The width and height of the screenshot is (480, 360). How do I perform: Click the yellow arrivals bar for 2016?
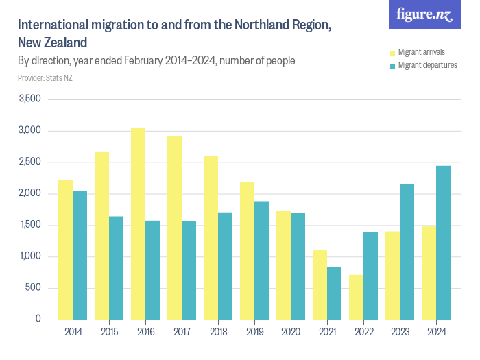[138, 224]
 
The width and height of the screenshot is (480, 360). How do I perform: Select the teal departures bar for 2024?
[444, 243]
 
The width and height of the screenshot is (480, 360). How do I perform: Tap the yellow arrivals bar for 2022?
[356, 297]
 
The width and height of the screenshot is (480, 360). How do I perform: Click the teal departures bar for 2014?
[80, 255]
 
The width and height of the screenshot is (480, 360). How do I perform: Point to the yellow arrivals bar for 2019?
[247, 250]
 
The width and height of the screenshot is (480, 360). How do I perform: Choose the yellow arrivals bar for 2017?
[174, 228]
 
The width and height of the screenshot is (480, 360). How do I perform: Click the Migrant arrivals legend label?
[422, 52]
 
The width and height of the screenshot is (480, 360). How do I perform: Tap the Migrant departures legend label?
[427, 65]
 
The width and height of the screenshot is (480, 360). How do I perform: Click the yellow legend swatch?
[393, 52]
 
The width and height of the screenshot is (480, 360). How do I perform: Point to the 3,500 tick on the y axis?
[30, 99]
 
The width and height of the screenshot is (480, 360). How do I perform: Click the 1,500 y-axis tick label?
[30, 225]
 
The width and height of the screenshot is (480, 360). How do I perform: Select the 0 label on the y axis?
[38, 320]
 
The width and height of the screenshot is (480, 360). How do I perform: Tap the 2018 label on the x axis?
[218, 333]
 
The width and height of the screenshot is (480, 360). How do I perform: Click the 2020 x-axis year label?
[291, 333]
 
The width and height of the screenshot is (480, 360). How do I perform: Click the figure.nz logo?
[424, 15]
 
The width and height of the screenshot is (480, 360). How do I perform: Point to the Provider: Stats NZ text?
[45, 78]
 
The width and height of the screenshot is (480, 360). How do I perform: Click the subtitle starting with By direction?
[156, 61]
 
